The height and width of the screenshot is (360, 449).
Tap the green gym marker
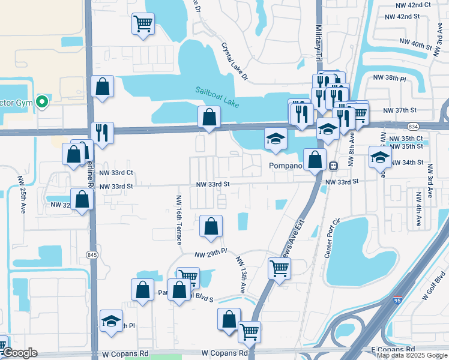(x=41, y=102)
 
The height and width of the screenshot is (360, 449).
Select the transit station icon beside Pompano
(x=333, y=166)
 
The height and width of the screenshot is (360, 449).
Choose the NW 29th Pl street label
(x=211, y=254)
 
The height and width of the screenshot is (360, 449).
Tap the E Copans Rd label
(x=393, y=349)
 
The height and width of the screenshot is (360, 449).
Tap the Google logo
(x=20, y=353)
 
